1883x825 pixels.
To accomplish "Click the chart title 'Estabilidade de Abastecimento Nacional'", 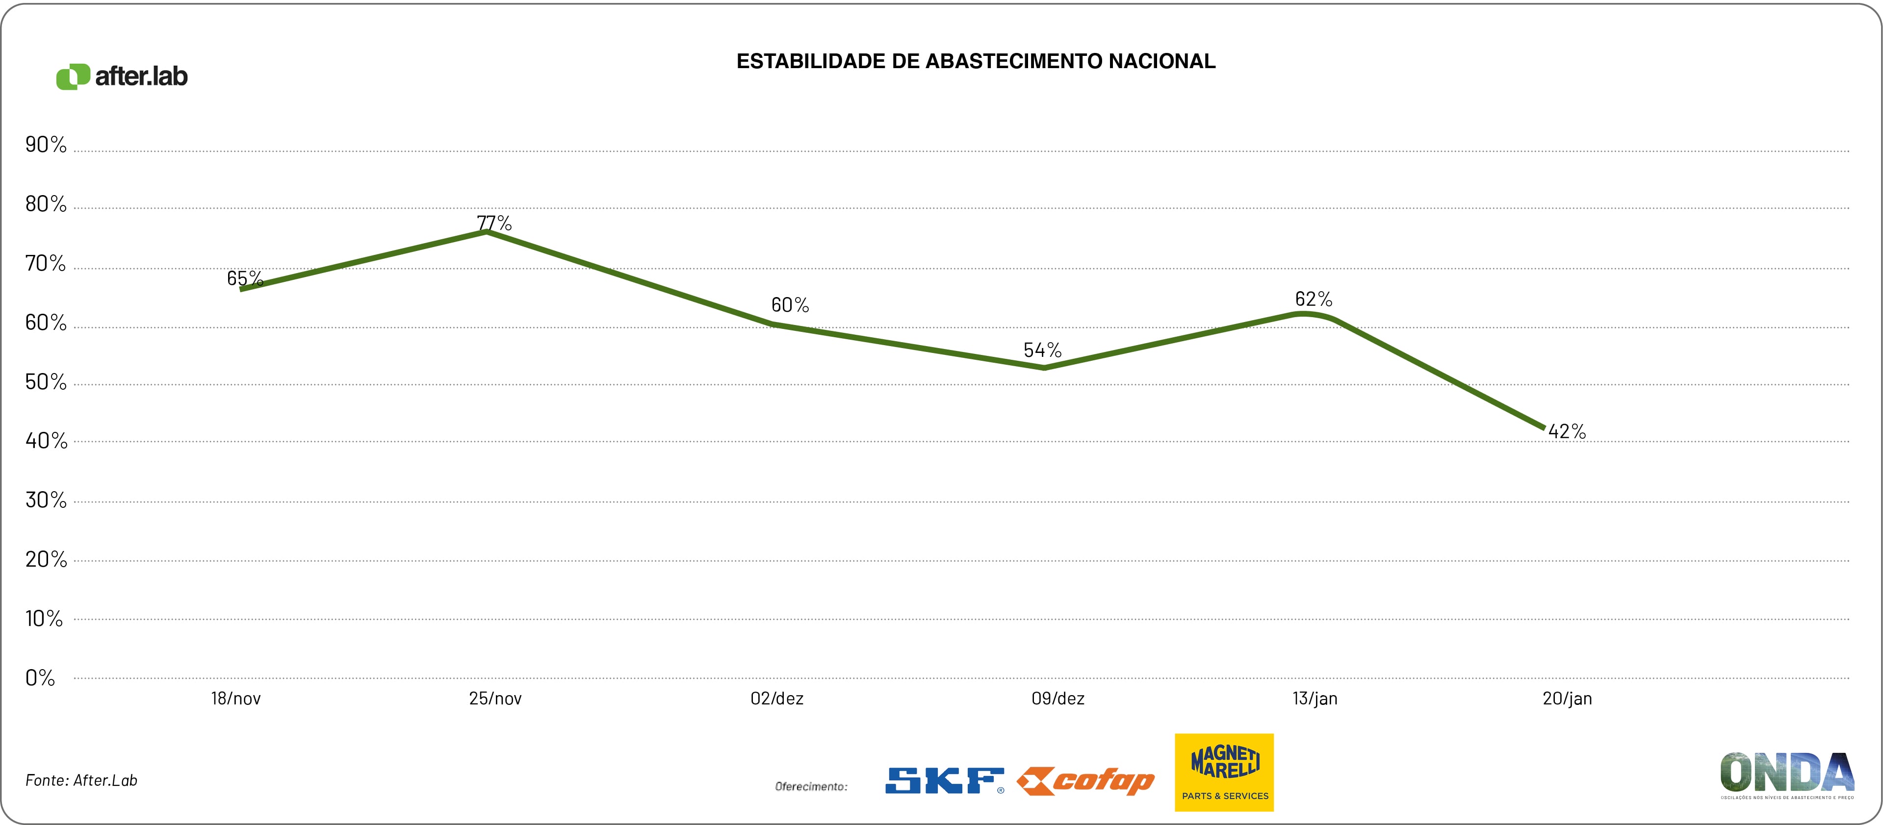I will point(976,61).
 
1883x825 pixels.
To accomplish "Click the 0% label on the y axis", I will point(40,678).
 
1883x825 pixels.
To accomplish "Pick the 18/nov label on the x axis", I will point(236,699).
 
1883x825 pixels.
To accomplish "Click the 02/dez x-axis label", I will point(777,699).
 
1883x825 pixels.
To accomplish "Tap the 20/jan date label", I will point(1567,699).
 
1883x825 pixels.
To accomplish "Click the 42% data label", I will point(1567,432).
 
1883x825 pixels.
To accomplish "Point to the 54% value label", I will point(1042,350).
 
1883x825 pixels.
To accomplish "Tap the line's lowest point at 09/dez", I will point(1043,368).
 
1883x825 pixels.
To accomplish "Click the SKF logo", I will point(944,780).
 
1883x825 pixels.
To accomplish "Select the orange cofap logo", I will point(1085,780).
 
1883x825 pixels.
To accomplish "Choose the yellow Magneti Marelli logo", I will point(1224,773).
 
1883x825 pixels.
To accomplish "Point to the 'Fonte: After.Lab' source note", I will point(81,780).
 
